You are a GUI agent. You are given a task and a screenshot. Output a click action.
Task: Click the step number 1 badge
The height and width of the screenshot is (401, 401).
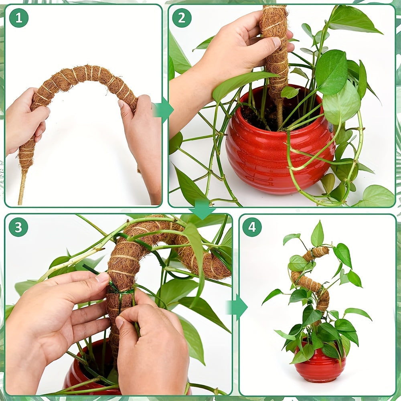(18, 18)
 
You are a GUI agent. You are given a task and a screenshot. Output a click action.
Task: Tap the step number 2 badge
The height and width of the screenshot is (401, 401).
(182, 18)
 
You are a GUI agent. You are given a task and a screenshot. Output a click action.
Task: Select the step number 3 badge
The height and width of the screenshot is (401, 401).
(18, 227)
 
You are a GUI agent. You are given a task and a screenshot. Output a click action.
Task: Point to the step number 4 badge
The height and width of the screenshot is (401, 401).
(252, 227)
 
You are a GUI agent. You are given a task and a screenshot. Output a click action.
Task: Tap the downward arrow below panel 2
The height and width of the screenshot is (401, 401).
(202, 209)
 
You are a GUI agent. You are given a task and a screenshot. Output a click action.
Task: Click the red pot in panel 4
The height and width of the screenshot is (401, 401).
(320, 367)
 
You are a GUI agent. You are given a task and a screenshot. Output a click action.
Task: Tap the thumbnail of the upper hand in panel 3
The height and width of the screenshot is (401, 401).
(102, 277)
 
